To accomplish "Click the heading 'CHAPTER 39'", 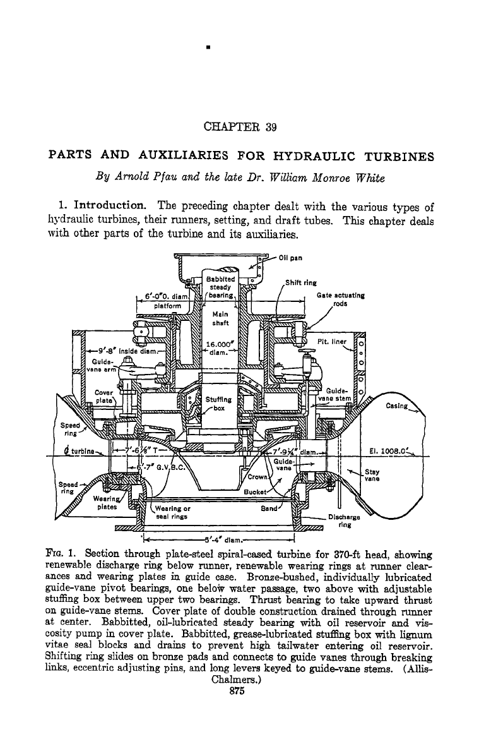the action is [240, 127].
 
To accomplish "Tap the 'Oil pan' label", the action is [290, 258].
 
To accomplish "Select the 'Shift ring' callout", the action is [301, 283].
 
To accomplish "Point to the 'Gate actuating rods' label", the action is [340, 299].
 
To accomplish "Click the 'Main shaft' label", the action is [220, 318].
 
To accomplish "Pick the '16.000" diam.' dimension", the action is [220, 348].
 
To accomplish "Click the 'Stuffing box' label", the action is [218, 404].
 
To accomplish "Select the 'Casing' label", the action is [396, 406].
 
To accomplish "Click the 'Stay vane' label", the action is [372, 475].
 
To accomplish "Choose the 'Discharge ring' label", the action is [344, 520].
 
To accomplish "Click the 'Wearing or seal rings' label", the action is [172, 512].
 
